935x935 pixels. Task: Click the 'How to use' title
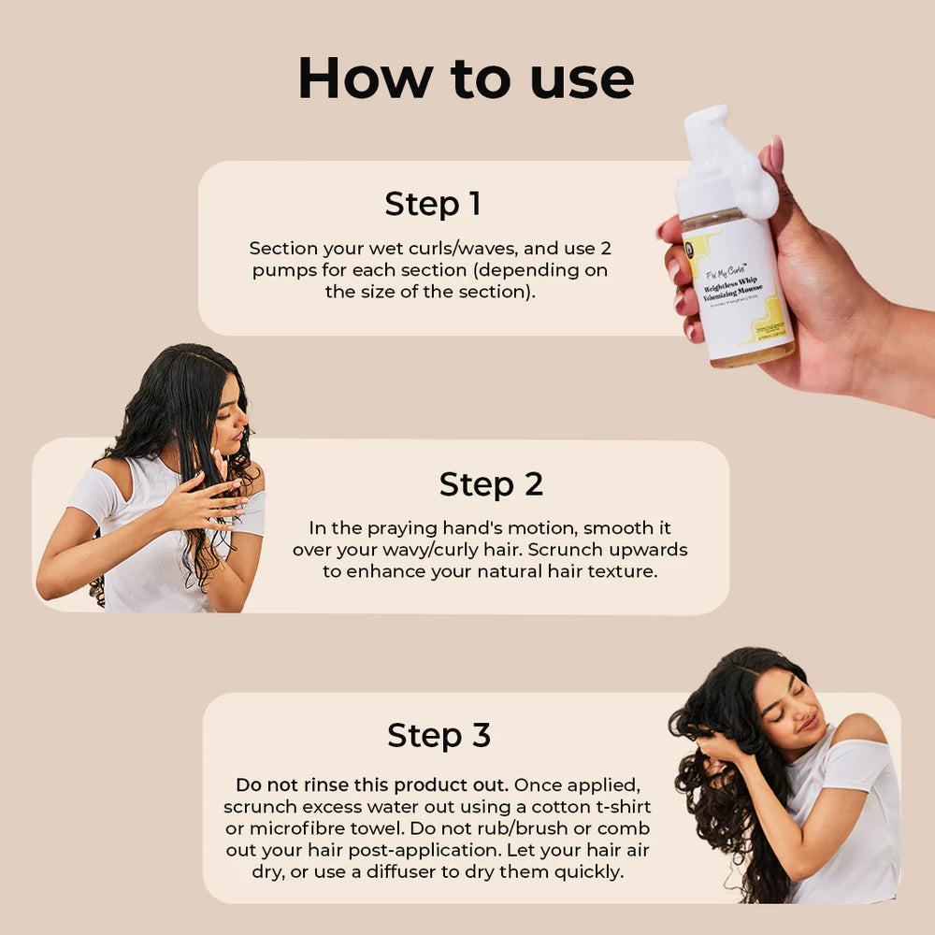466,79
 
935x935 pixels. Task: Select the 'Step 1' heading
433,204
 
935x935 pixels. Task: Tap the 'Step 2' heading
491,484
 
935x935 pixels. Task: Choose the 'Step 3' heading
439,735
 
